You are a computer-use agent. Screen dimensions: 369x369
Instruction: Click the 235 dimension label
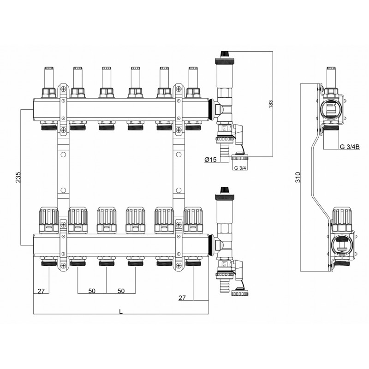point(18,178)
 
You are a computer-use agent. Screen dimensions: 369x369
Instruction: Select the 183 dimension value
point(270,104)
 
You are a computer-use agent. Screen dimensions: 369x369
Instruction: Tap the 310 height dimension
point(298,177)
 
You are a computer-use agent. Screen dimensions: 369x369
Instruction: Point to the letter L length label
point(121,312)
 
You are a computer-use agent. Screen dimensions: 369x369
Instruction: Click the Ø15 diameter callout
point(210,160)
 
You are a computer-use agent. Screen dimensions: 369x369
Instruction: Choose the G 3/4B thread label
point(350,147)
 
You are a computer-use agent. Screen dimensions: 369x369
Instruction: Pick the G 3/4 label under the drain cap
point(240,168)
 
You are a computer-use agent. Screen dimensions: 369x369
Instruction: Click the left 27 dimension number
point(41,291)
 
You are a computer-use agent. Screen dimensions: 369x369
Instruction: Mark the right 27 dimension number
point(182,298)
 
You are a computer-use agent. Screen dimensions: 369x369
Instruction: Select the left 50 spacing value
point(92,291)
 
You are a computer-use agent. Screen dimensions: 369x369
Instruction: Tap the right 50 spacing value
point(121,291)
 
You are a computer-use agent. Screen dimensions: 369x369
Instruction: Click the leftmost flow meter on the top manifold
point(49,82)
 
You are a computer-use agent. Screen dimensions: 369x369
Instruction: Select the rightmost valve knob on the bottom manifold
point(193,220)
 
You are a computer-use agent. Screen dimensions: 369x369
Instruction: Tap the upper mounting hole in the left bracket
point(63,155)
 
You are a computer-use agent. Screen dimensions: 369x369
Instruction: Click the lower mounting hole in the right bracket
point(179,190)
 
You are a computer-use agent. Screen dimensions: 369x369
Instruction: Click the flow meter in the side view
point(331,82)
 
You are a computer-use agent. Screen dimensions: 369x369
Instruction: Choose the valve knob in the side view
point(341,220)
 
